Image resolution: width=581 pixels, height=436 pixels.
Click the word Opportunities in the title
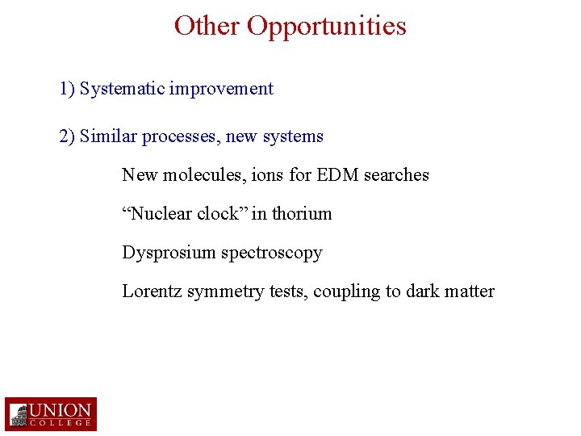327,26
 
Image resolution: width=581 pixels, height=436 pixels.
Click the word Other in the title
207,26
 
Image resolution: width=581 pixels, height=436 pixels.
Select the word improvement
222,89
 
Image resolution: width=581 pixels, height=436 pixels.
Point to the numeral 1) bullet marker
67,89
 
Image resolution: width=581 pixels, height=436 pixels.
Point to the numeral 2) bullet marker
67,136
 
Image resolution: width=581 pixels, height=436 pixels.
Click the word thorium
302,213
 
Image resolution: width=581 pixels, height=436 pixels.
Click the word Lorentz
152,291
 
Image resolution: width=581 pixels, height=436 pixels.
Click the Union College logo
51,414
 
